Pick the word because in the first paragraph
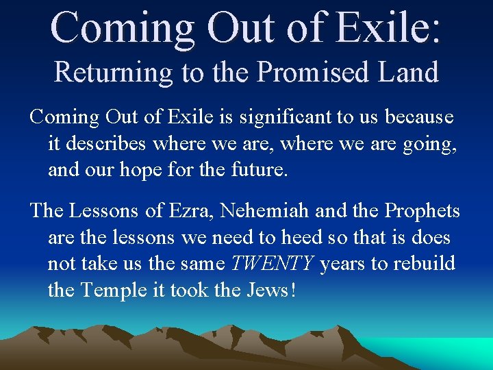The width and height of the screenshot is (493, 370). pyautogui.click(x=419, y=117)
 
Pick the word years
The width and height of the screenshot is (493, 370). pyautogui.click(x=342, y=264)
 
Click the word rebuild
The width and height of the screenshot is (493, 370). pyautogui.click(x=424, y=264)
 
